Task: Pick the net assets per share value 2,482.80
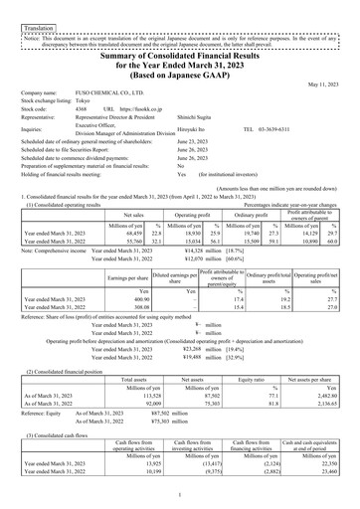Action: coord(323,395)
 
